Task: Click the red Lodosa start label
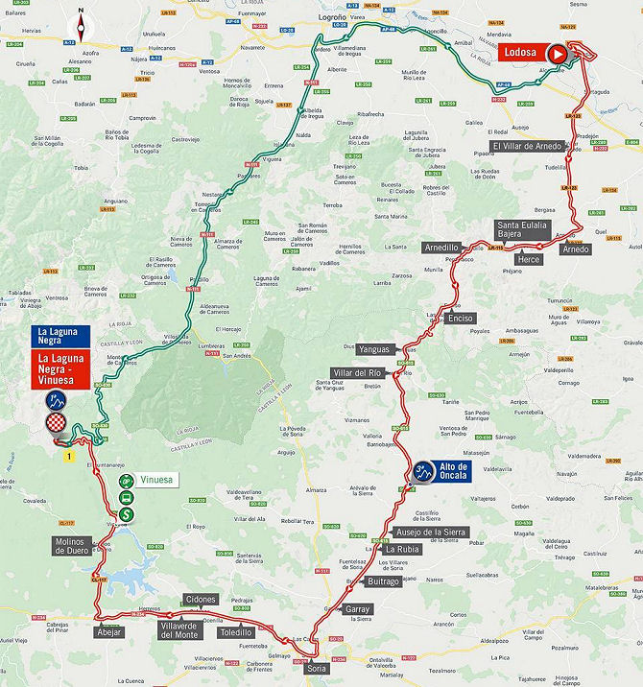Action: (x=520, y=54)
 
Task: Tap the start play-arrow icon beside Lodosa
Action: (x=558, y=55)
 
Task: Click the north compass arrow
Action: (x=82, y=21)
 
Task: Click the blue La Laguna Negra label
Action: (x=59, y=336)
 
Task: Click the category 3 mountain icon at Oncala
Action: (x=421, y=471)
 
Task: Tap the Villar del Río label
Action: (x=357, y=372)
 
